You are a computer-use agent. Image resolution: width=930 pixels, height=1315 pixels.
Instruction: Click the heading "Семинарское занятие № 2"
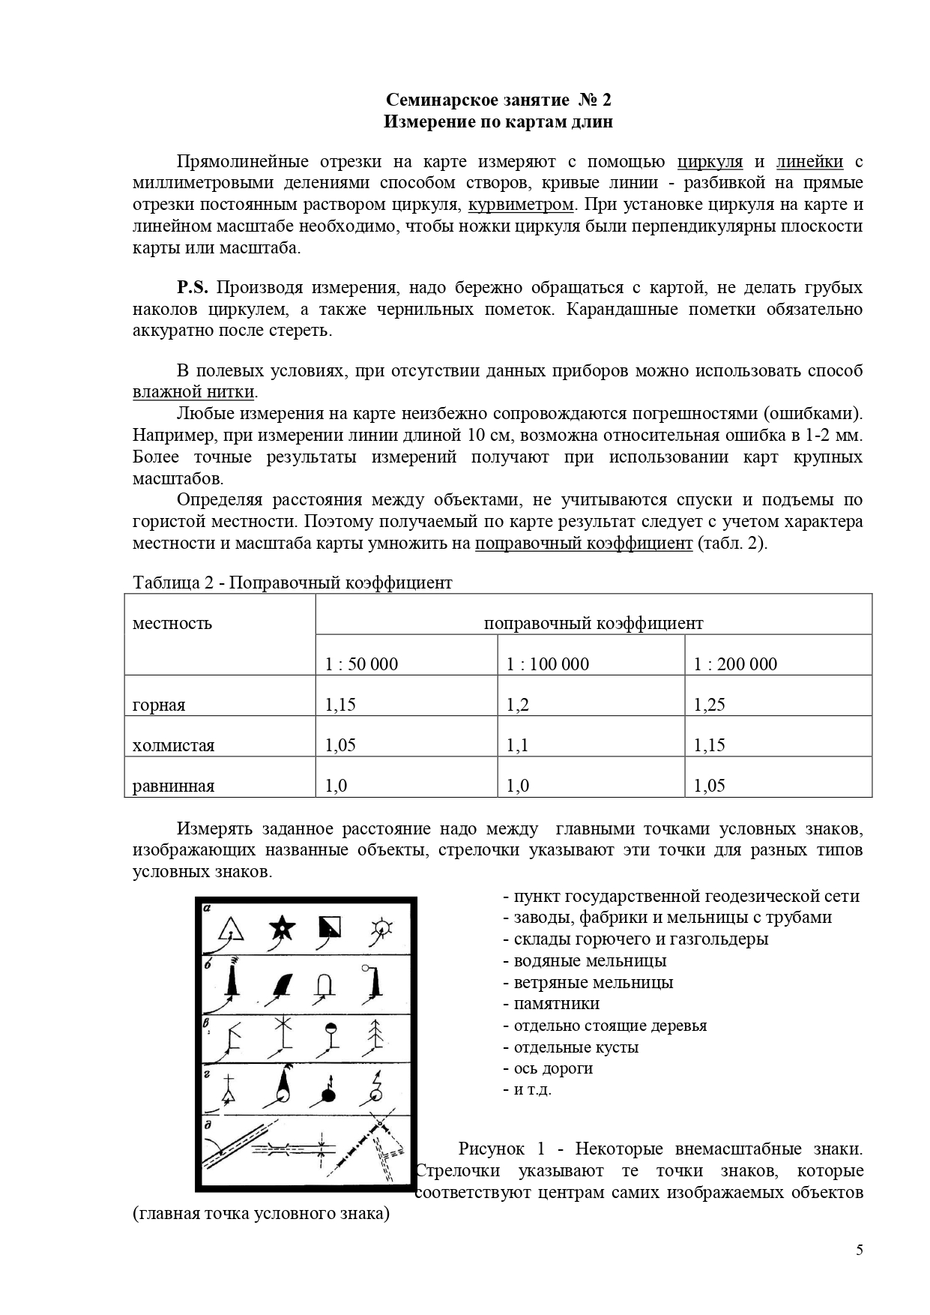coord(498,100)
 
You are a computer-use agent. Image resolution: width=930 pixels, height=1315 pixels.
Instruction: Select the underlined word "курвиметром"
coord(521,205)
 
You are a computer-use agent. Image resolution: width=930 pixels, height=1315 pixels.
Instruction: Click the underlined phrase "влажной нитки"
coord(194,392)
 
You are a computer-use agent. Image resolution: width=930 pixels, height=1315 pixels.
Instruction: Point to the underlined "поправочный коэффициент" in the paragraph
coord(584,544)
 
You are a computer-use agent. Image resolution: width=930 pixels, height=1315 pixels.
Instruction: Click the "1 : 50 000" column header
coord(361,664)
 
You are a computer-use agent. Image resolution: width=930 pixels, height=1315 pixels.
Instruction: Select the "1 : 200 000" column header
coord(735,664)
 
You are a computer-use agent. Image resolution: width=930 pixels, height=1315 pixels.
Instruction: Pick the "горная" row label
coord(159,705)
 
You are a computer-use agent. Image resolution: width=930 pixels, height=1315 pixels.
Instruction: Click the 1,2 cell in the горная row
coord(518,705)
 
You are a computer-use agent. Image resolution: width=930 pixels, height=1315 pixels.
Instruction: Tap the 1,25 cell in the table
coord(709,705)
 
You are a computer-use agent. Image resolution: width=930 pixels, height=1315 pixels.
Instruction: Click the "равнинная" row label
coord(173,786)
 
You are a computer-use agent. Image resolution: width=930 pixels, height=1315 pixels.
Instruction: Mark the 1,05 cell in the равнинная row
coord(709,786)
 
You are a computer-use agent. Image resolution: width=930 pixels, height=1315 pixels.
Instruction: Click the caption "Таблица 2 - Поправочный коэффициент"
coord(292,583)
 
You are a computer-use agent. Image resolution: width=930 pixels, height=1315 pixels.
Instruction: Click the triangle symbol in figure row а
coord(232,930)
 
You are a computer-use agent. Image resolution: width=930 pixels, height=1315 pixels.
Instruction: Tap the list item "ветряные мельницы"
coord(593,982)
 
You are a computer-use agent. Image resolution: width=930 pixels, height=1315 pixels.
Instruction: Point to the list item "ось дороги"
coord(553,1068)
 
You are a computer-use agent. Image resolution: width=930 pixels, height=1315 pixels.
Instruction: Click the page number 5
coord(859,1250)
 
